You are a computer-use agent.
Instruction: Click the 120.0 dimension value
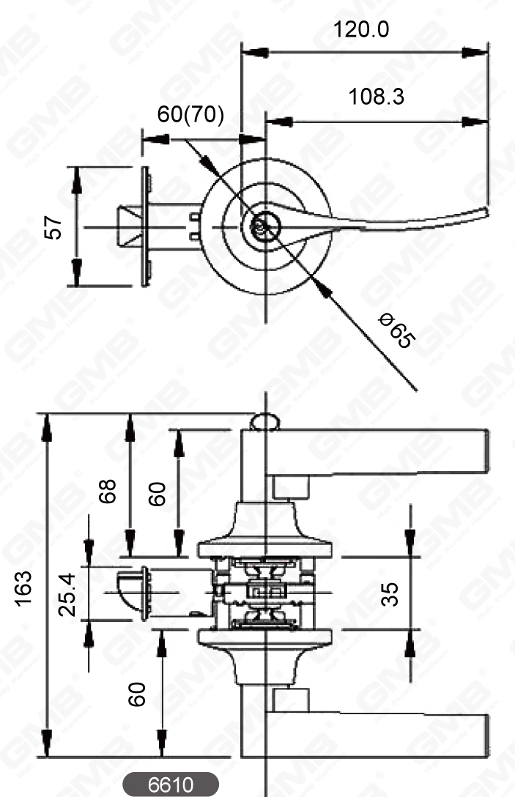coord(361,30)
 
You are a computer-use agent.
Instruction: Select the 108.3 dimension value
coord(376,97)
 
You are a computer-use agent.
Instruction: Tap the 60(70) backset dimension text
coord(191,116)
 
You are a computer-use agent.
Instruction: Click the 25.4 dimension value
coord(68,594)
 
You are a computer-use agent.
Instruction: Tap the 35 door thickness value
coord(391,593)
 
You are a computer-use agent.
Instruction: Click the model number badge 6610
coord(170,785)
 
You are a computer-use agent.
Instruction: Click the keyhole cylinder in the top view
coord(260,228)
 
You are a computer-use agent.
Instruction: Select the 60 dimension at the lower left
coord(136,693)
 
